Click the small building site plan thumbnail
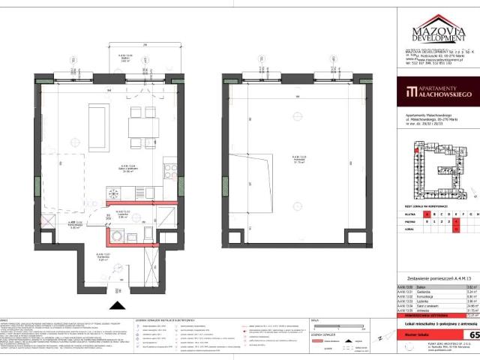coord(436,164)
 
